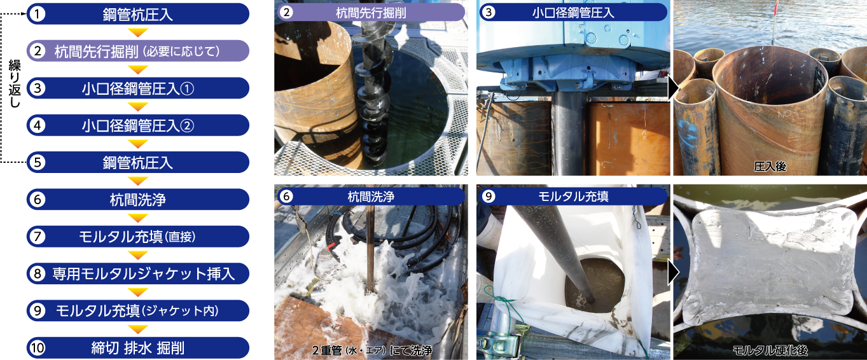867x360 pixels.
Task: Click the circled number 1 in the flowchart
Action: coord(38,14)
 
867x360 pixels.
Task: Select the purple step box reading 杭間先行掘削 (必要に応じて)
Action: coord(138,51)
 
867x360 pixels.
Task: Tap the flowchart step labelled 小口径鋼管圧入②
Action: coord(138,125)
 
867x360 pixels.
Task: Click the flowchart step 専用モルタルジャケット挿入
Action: coord(138,273)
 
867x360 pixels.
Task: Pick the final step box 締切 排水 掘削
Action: coord(138,348)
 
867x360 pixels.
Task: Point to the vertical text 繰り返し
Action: coord(15,83)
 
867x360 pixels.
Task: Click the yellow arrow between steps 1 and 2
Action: coord(138,32)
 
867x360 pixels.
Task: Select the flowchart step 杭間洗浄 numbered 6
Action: coord(138,199)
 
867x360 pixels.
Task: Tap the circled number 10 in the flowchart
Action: coord(38,348)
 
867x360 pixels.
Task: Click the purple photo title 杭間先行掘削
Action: coord(371,12)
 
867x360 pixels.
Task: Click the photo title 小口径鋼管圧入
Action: coord(573,12)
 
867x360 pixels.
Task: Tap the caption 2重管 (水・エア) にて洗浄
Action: coord(372,350)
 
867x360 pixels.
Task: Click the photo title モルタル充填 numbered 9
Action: coord(573,197)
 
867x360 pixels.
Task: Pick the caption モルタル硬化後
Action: coord(770,350)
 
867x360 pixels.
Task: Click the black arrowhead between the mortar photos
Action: coord(674,272)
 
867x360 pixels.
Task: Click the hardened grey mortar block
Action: coord(771,268)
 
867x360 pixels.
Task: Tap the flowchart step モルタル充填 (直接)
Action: coord(138,237)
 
